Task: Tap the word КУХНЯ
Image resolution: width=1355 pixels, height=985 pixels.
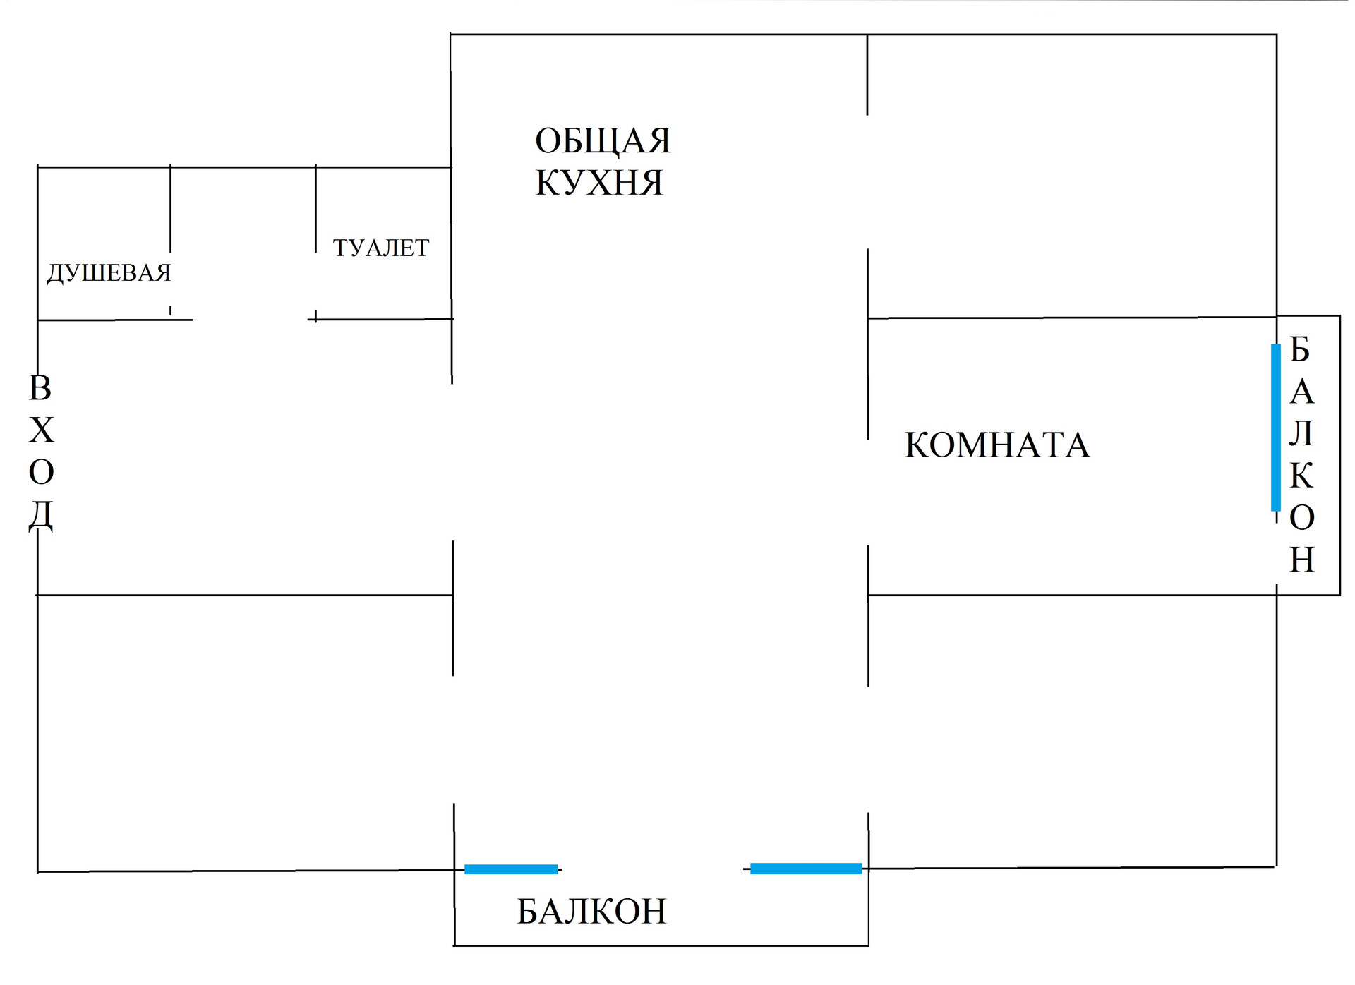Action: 599,183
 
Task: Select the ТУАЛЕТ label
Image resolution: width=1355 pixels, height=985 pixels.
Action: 381,248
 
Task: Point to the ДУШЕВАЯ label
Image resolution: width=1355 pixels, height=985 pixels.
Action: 109,273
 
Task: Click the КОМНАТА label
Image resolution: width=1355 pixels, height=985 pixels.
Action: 997,445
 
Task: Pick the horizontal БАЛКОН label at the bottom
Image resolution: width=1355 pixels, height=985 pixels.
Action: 591,912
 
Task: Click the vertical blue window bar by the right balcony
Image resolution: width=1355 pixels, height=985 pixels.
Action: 1276,428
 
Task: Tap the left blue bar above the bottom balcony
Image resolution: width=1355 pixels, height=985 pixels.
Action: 511,869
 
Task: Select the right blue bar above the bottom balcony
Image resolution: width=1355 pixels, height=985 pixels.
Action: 806,869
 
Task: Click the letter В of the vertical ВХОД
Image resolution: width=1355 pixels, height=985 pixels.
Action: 40,388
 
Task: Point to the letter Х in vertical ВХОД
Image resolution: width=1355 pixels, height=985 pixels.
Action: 42,430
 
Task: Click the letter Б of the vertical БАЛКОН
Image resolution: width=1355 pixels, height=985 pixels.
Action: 1300,349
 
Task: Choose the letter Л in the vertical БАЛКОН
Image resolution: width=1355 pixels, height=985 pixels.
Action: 1301,433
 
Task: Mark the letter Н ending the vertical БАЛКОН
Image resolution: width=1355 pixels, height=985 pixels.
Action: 1302,560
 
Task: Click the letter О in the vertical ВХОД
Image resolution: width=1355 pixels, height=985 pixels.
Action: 42,473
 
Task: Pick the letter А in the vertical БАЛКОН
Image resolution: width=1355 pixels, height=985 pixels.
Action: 1302,392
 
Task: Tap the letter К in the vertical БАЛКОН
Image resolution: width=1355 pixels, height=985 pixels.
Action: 1302,476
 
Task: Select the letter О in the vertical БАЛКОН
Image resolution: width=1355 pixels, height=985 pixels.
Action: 1302,518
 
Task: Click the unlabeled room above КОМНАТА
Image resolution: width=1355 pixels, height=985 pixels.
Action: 1072,176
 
